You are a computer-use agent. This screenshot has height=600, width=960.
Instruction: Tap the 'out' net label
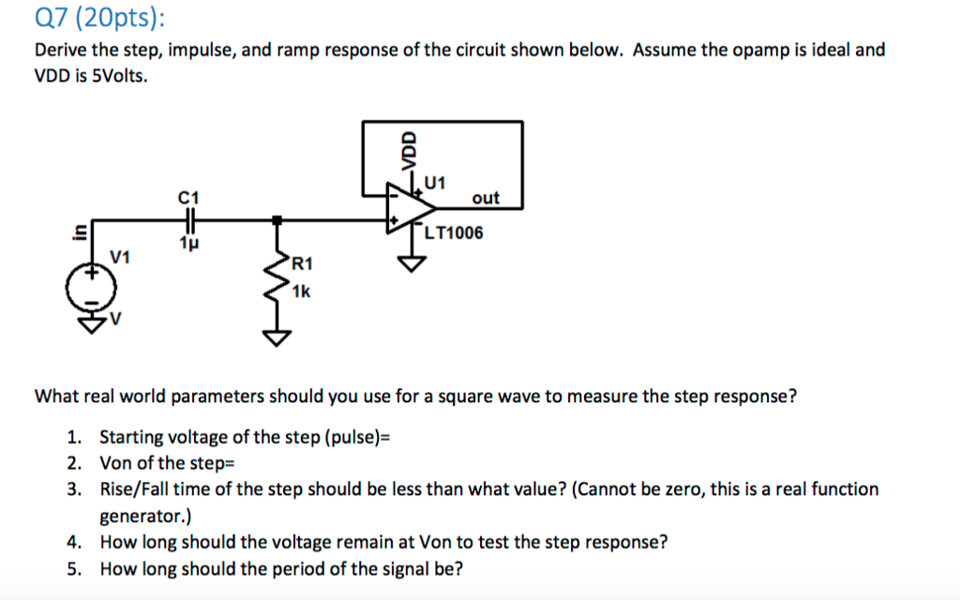[486, 198]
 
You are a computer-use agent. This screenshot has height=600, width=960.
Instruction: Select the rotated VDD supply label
[408, 150]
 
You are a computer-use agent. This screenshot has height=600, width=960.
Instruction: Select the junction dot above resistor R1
[276, 221]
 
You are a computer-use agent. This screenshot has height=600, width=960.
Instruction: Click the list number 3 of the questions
[74, 489]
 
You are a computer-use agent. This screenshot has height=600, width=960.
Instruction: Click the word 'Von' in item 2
[116, 463]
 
